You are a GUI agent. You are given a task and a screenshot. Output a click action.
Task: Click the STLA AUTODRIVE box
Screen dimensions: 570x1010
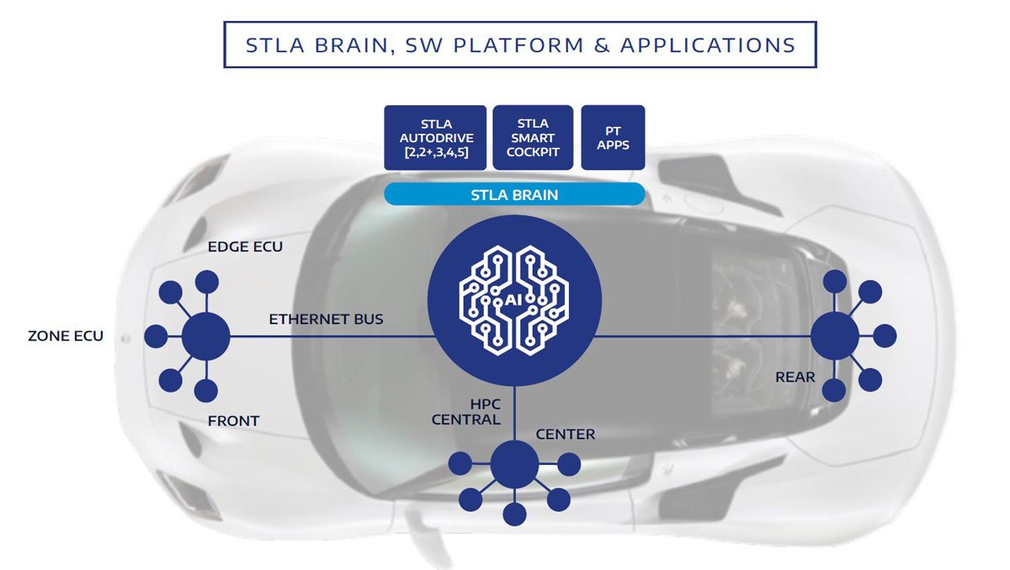tap(435, 137)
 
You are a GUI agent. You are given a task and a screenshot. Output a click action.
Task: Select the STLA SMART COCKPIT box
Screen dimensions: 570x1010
tap(533, 137)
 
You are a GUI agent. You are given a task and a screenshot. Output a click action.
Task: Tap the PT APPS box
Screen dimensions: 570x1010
tap(613, 137)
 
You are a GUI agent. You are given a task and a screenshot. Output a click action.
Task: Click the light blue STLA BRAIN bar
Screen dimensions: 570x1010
tap(514, 195)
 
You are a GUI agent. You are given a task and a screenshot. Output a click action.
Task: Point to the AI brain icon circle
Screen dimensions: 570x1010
tap(513, 301)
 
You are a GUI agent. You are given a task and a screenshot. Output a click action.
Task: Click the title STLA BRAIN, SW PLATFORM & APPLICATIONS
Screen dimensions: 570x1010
tap(520, 45)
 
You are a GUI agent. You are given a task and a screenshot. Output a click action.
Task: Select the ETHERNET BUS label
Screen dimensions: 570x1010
tap(327, 319)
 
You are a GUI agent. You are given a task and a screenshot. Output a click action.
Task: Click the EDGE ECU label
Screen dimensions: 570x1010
tap(245, 248)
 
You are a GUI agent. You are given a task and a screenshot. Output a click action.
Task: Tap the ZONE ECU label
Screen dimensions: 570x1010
tap(66, 336)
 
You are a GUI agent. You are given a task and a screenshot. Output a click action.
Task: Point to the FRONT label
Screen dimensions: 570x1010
tap(233, 420)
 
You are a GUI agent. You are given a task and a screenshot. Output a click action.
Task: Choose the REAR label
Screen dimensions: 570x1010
tap(795, 377)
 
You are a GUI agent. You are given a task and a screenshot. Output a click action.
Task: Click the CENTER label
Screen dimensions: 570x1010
tap(566, 435)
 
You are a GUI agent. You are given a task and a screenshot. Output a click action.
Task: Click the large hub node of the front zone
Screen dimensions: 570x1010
tap(206, 336)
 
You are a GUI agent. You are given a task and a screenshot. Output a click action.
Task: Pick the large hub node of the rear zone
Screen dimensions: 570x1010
tap(834, 336)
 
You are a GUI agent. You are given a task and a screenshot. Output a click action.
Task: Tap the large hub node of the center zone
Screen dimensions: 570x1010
tap(514, 464)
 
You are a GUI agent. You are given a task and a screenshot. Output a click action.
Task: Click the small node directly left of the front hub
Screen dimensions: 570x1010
tap(156, 336)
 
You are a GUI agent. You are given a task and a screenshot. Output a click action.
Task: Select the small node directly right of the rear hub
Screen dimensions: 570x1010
tap(885, 336)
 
